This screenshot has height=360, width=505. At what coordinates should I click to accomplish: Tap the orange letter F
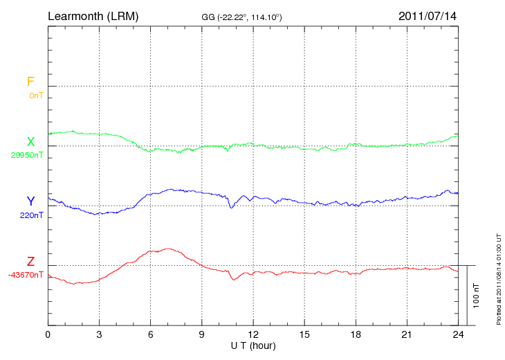[x=30, y=82]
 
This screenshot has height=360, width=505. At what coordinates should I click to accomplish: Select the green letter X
[x=30, y=142]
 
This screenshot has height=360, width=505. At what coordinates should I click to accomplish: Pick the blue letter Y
[x=30, y=201]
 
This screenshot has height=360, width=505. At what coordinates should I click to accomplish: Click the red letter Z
[x=30, y=262]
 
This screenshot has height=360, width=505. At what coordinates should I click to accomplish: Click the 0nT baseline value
[x=35, y=96]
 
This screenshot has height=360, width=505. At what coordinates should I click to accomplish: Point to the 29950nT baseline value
[x=27, y=155]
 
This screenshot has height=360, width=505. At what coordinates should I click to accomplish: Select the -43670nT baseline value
[x=26, y=275]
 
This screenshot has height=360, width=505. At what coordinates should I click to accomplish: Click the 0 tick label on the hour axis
[x=48, y=334]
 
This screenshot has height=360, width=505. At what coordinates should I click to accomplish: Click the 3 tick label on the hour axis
[x=99, y=334]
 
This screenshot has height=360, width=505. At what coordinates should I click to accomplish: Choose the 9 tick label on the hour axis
[x=202, y=334]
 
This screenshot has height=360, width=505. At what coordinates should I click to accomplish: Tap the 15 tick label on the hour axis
[x=304, y=334]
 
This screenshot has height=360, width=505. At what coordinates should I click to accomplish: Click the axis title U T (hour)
[x=252, y=345]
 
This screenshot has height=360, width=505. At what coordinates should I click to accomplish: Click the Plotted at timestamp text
[x=498, y=277]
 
